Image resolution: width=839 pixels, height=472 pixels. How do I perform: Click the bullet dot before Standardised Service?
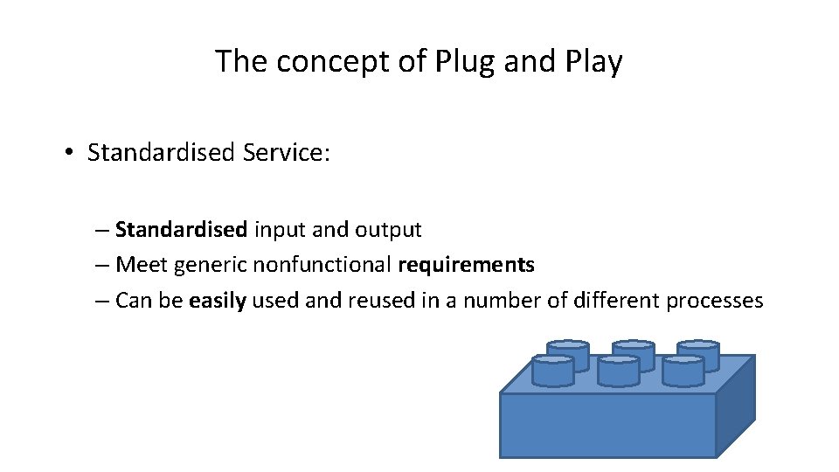click(x=67, y=153)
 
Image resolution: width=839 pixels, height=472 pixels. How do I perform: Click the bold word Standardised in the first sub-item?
click(x=181, y=230)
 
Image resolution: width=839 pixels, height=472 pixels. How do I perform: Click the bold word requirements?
click(x=466, y=265)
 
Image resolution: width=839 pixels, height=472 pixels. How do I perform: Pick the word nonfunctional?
click(x=322, y=265)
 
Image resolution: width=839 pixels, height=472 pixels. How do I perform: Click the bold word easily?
click(x=218, y=301)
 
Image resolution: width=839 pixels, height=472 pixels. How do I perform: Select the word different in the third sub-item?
click(x=616, y=301)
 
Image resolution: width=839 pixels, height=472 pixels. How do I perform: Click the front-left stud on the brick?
click(x=552, y=371)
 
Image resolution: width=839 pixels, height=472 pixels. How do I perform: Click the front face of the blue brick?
click(x=607, y=425)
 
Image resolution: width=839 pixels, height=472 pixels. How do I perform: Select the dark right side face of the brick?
click(x=735, y=406)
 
